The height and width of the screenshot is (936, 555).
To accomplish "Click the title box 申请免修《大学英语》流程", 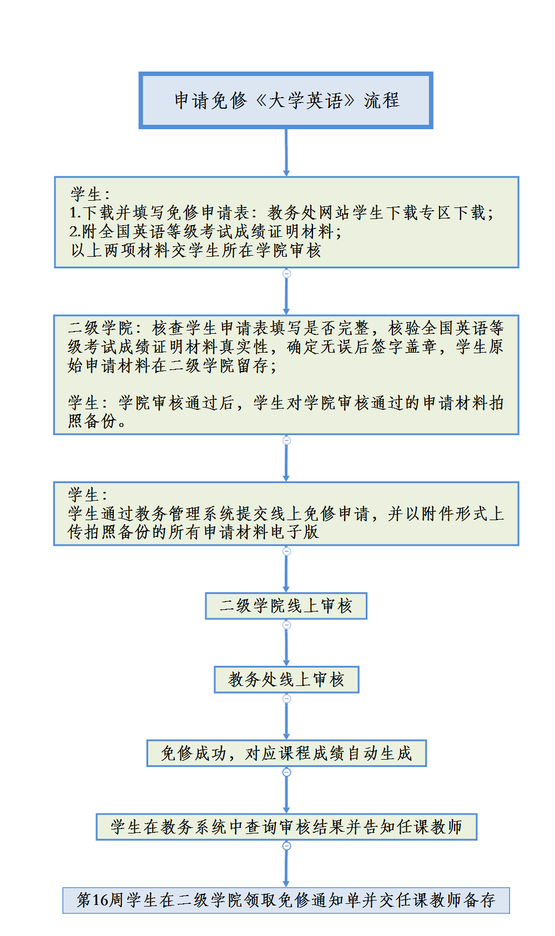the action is pyautogui.click(x=286, y=100).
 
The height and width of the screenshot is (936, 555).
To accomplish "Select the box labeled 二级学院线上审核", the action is pyautogui.click(x=286, y=606).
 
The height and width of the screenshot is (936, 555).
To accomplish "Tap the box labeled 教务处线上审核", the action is pyautogui.click(x=286, y=679).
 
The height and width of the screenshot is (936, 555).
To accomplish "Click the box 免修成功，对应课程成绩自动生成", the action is pyautogui.click(x=286, y=753).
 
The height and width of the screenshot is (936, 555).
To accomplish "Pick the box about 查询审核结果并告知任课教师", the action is pyautogui.click(x=286, y=827).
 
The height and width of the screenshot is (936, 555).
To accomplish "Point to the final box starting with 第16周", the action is pyautogui.click(x=286, y=900).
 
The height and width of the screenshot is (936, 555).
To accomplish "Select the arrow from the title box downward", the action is pyautogui.click(x=286, y=152).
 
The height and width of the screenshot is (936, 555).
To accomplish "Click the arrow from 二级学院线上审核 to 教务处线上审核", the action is pyautogui.click(x=286, y=645).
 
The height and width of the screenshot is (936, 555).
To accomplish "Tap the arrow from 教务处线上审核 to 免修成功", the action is pyautogui.click(x=286, y=719).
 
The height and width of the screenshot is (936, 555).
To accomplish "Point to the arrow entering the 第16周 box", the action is pyautogui.click(x=286, y=866).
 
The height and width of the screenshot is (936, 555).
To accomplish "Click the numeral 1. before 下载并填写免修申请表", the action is pyautogui.click(x=75, y=213).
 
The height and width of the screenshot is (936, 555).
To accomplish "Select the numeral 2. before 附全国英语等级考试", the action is pyautogui.click(x=75, y=231).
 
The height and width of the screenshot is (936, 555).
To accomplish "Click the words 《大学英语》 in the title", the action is pyautogui.click(x=305, y=100).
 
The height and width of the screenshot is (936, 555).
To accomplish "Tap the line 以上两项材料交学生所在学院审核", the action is pyautogui.click(x=196, y=250).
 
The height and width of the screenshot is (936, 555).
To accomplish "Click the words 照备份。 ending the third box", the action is pyautogui.click(x=97, y=421).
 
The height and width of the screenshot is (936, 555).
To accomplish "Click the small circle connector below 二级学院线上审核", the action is pyautogui.click(x=286, y=625).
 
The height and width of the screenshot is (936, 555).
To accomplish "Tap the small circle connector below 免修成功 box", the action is pyautogui.click(x=286, y=772).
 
